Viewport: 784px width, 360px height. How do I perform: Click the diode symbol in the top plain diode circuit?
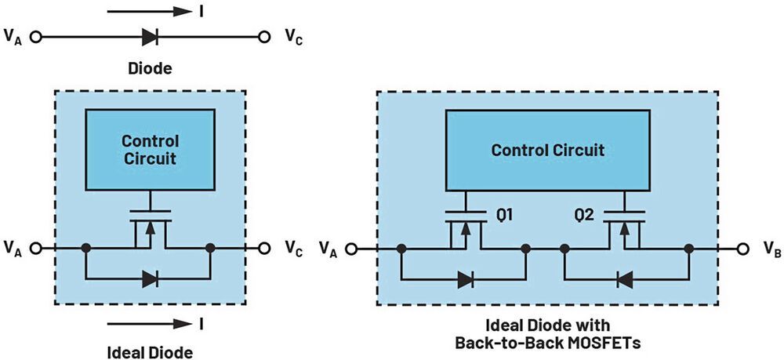(x=149, y=36)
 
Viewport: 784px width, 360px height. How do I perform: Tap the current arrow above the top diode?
(x=150, y=12)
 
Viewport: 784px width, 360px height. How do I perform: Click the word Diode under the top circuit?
(x=150, y=69)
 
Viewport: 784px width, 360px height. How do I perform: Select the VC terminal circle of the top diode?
(x=266, y=36)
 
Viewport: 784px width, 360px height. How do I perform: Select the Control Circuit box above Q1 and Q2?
(x=547, y=150)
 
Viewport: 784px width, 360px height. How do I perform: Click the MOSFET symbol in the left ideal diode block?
(x=150, y=230)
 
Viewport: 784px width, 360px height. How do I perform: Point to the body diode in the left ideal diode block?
(x=149, y=277)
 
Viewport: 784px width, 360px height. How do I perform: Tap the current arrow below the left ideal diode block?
(x=150, y=323)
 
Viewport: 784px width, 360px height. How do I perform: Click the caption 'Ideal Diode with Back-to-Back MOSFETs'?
(x=546, y=333)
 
